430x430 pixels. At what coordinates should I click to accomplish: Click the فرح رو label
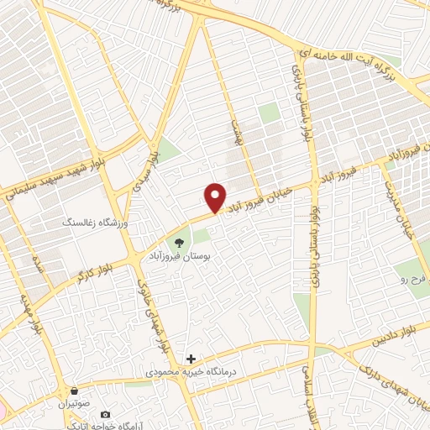[x=413, y=276]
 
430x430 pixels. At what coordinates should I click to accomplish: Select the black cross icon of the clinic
[x=191, y=359]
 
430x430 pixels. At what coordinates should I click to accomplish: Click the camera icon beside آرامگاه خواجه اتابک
[x=105, y=415]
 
